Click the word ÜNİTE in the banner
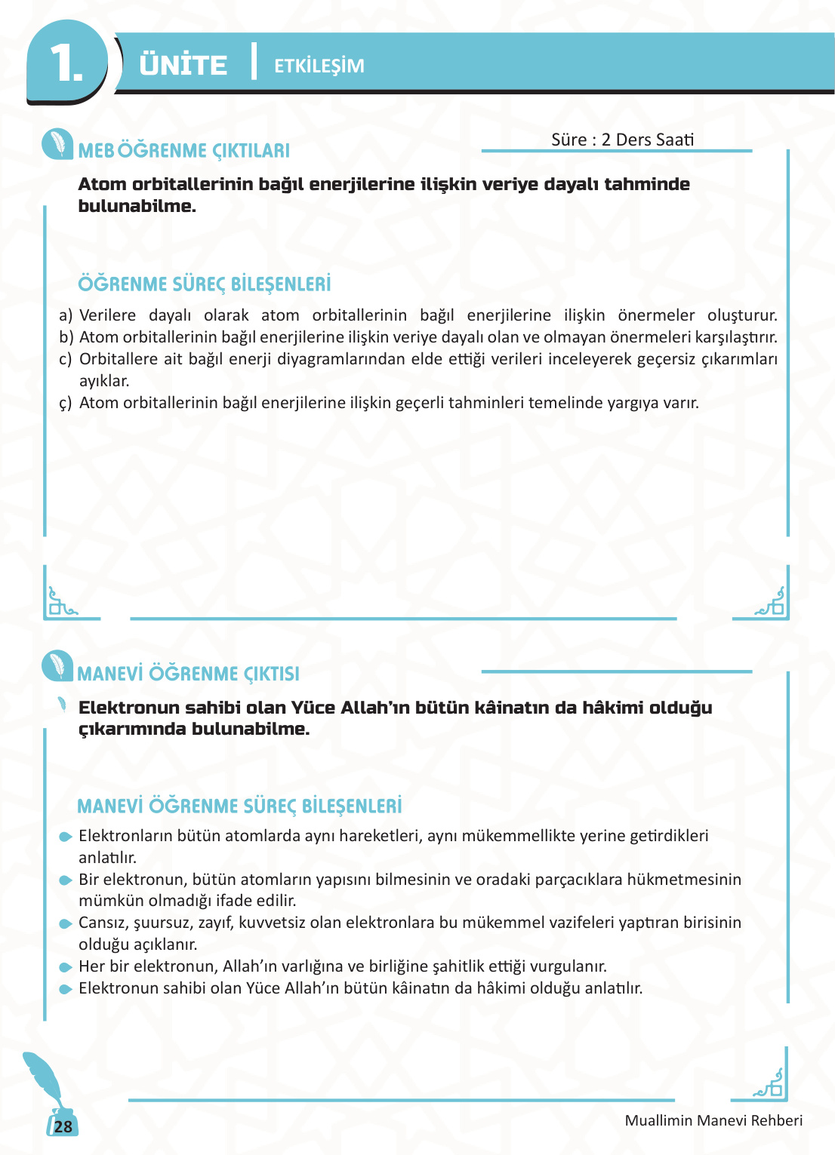coord(183,65)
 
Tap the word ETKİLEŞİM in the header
coord(319,66)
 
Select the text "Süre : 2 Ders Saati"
coord(622,140)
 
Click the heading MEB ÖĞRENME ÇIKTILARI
coord(183,151)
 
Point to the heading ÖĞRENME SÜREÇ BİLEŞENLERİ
coord(205,284)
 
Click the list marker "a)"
coord(66,315)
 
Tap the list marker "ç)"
coord(66,403)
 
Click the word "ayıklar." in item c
coord(104,381)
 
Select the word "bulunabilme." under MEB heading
coord(137,206)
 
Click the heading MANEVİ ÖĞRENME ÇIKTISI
coord(188,674)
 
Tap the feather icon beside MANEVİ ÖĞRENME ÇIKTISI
coord(57,665)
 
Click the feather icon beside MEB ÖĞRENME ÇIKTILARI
coord(57,143)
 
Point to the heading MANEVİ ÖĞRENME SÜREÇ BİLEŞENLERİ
coord(239,806)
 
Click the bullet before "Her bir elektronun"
coord(66,967)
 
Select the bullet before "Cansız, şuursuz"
coord(66,923)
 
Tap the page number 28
coord(63,1126)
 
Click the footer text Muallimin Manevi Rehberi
coord(713,1120)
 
